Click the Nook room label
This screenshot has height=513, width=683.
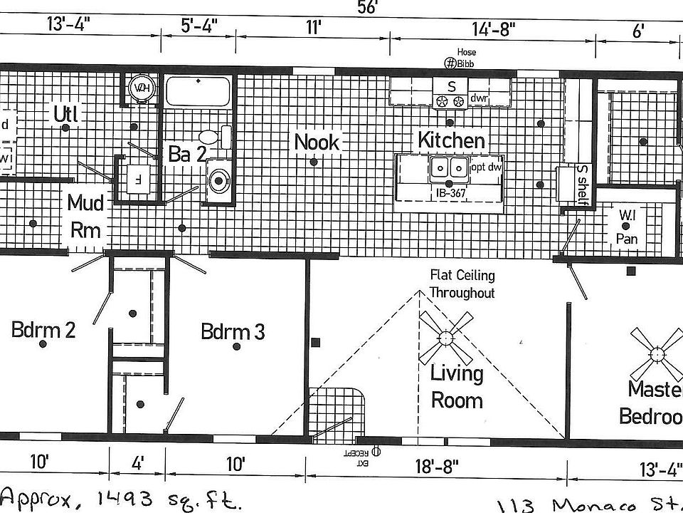click(x=317, y=142)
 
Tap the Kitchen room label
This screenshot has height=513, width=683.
click(x=451, y=140)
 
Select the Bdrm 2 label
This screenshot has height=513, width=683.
click(x=43, y=330)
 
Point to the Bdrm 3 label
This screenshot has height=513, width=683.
click(x=233, y=331)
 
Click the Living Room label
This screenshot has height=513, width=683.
click(x=457, y=386)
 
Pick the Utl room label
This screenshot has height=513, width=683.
click(x=65, y=113)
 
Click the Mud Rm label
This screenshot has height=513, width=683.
click(x=85, y=217)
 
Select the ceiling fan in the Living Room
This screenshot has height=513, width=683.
click(x=446, y=338)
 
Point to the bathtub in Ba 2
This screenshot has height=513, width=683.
click(x=198, y=92)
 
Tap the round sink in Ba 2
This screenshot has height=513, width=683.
click(x=218, y=181)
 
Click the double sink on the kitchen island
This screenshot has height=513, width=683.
click(x=449, y=168)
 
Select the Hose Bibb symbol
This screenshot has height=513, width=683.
click(x=450, y=63)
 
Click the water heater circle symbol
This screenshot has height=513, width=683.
click(x=141, y=88)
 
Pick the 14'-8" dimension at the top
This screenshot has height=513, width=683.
click(x=493, y=30)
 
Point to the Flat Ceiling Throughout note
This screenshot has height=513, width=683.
click(x=462, y=284)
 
